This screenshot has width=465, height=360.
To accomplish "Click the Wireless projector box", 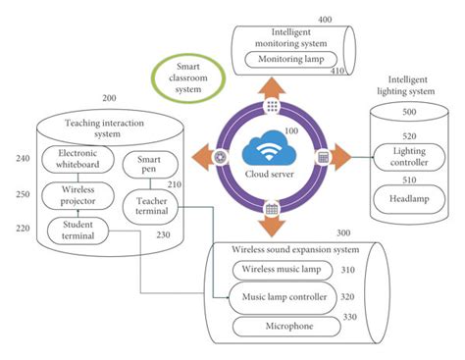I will pyautogui.click(x=77, y=195).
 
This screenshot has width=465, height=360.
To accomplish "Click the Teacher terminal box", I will pyautogui.click(x=149, y=205).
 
